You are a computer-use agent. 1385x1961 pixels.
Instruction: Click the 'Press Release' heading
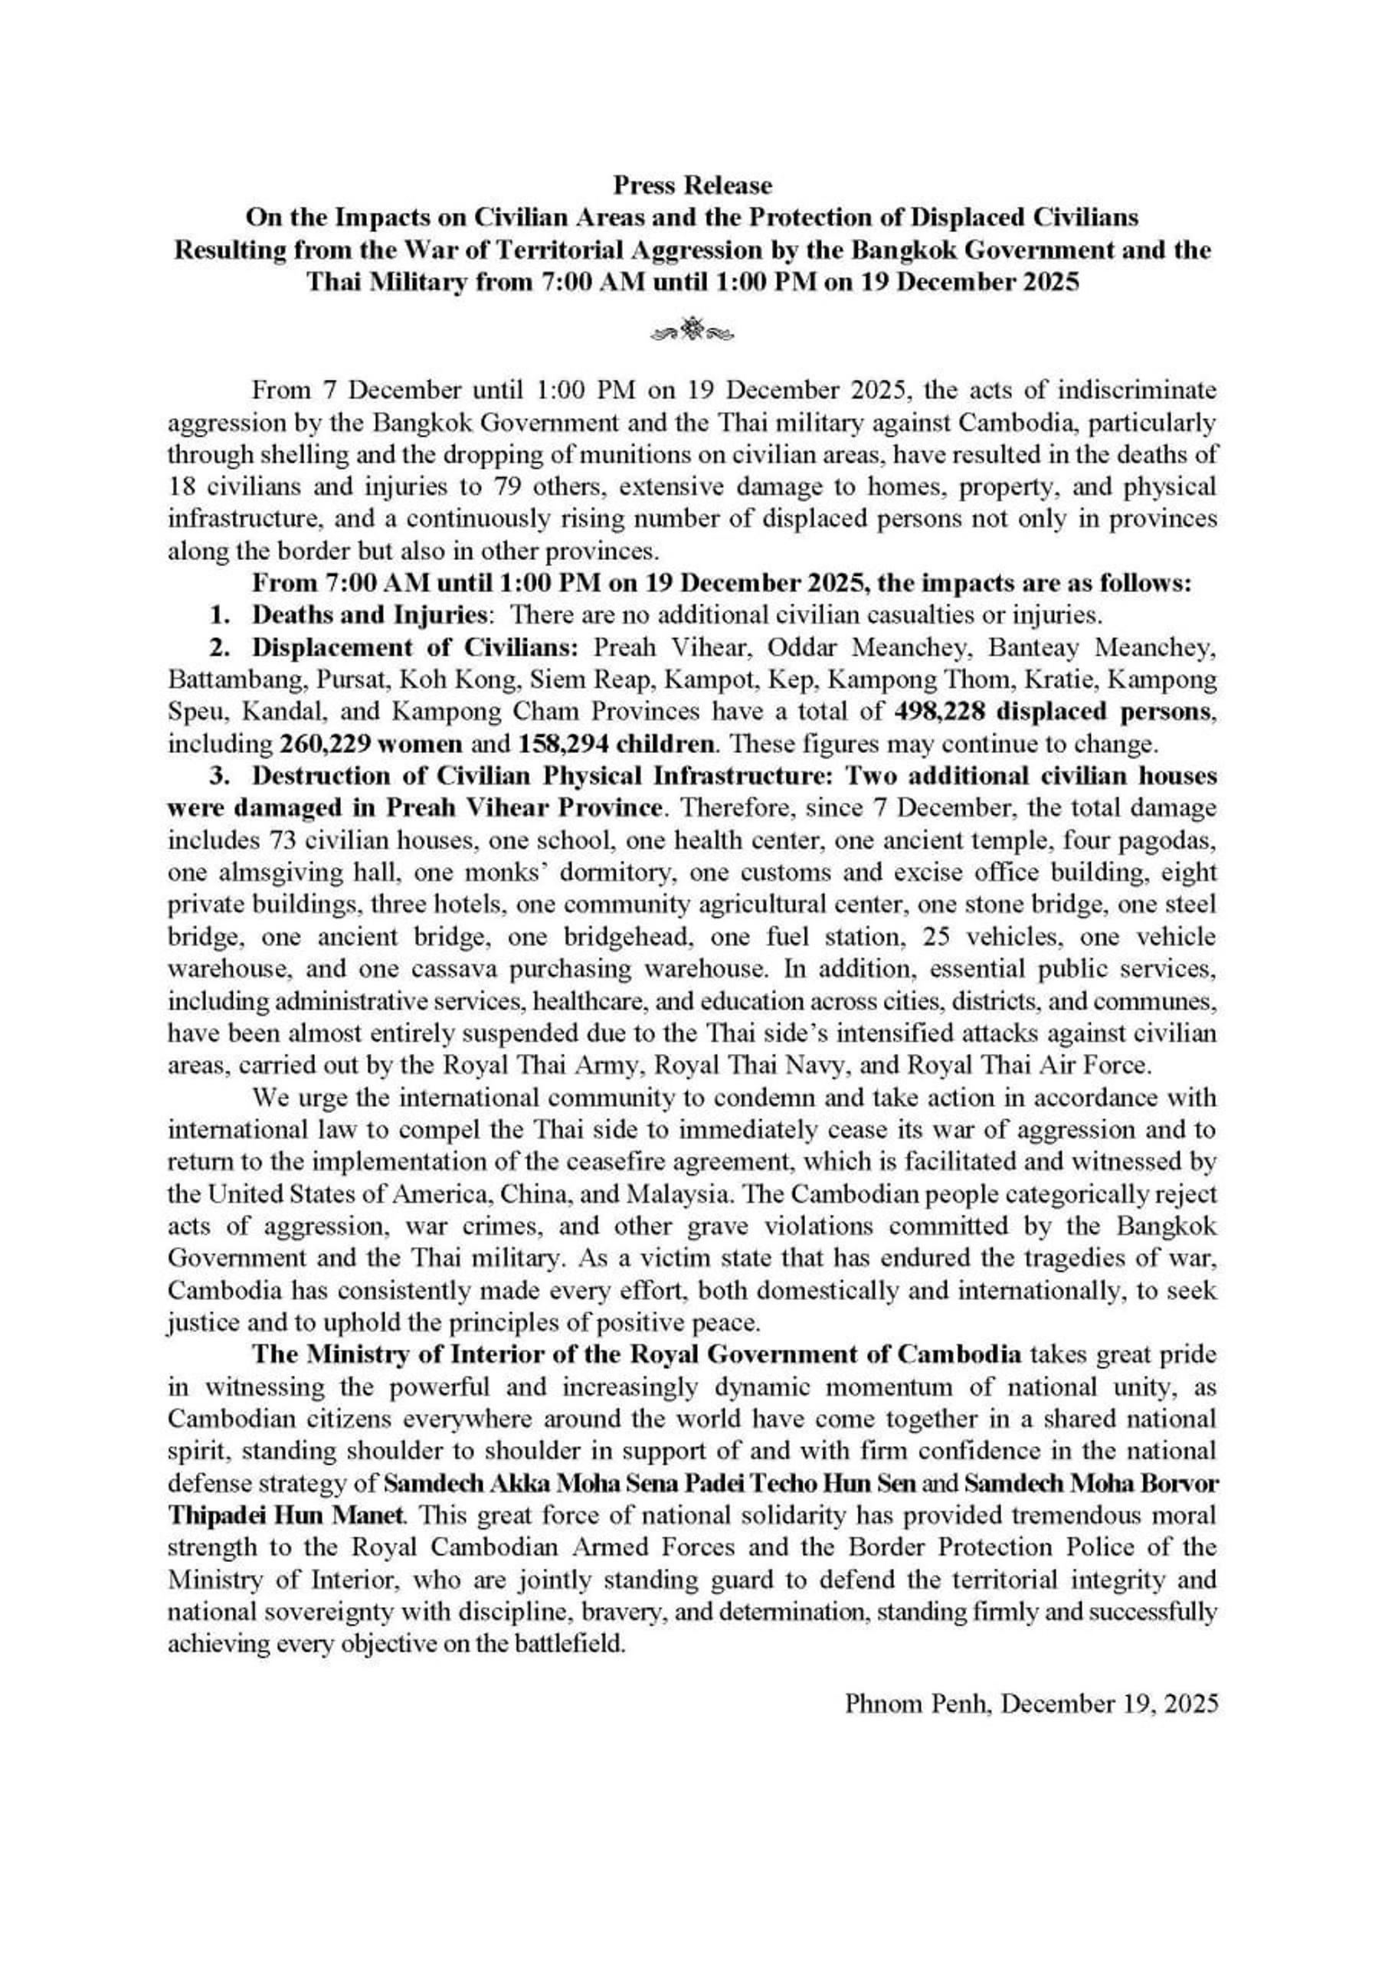(x=692, y=185)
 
